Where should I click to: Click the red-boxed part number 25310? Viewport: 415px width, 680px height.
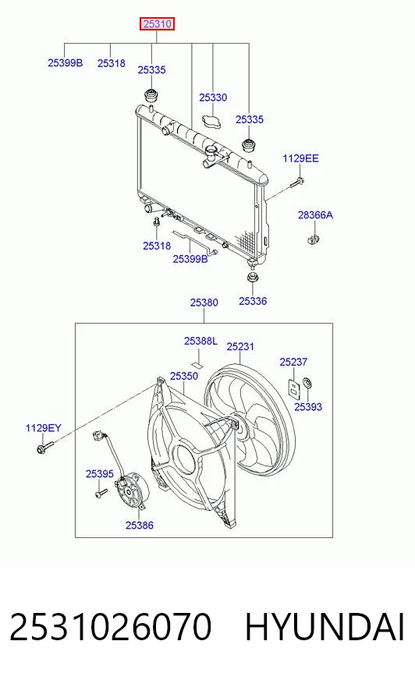157,24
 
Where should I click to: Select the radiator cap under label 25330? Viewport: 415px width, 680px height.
211,121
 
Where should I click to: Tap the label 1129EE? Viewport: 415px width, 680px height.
300,158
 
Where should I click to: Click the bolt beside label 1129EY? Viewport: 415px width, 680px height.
44,447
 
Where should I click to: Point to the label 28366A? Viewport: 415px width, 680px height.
315,214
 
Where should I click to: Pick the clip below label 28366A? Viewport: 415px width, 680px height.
312,238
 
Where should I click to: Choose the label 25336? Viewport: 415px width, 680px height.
253,301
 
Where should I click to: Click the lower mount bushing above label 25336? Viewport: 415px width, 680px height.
252,277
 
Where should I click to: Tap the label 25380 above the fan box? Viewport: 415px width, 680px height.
204,303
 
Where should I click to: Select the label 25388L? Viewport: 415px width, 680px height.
200,342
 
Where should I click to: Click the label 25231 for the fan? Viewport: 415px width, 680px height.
240,346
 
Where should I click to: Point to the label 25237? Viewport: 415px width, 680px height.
293,362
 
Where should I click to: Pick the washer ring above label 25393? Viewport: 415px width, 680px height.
307,384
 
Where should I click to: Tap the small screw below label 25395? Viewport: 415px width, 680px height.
101,493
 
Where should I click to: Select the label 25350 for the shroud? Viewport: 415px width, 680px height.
184,376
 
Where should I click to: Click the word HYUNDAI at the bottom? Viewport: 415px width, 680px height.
325,627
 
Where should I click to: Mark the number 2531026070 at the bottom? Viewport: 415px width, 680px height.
110,627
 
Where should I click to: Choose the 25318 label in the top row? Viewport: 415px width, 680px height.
112,63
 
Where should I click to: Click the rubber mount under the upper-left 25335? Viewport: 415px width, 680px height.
151,95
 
